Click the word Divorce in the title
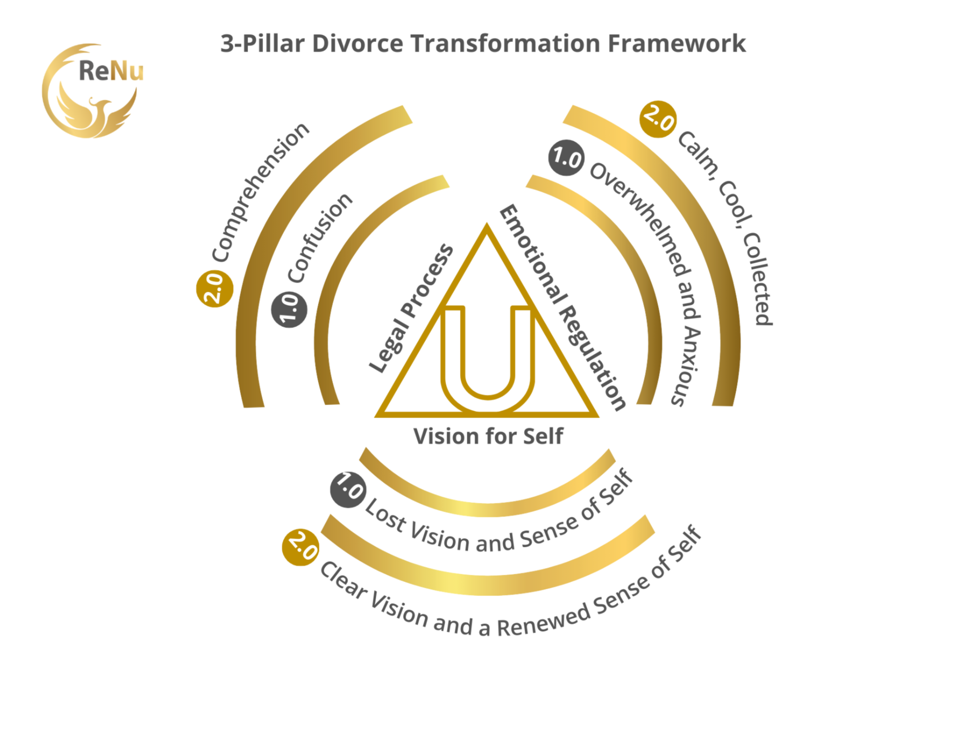click(357, 43)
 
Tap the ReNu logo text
click(111, 71)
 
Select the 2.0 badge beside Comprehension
click(215, 289)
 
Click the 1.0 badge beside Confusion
click(289, 309)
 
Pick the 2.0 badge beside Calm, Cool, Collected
click(658, 120)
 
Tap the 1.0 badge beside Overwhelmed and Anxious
click(566, 158)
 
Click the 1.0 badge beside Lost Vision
click(348, 489)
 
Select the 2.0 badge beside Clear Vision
click(300, 547)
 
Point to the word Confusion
click(319, 238)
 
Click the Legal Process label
click(411, 308)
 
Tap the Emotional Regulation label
click(563, 307)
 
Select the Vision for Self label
click(488, 437)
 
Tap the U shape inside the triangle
click(487, 362)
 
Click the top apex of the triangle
click(486, 228)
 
